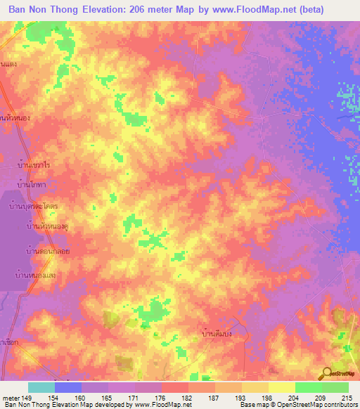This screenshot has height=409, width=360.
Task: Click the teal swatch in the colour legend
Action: coord(41,387)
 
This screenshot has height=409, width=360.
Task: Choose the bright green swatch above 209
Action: coord(308,387)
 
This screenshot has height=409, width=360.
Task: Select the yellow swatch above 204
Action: coord(281,387)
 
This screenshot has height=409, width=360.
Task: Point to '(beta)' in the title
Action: coord(336,9)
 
